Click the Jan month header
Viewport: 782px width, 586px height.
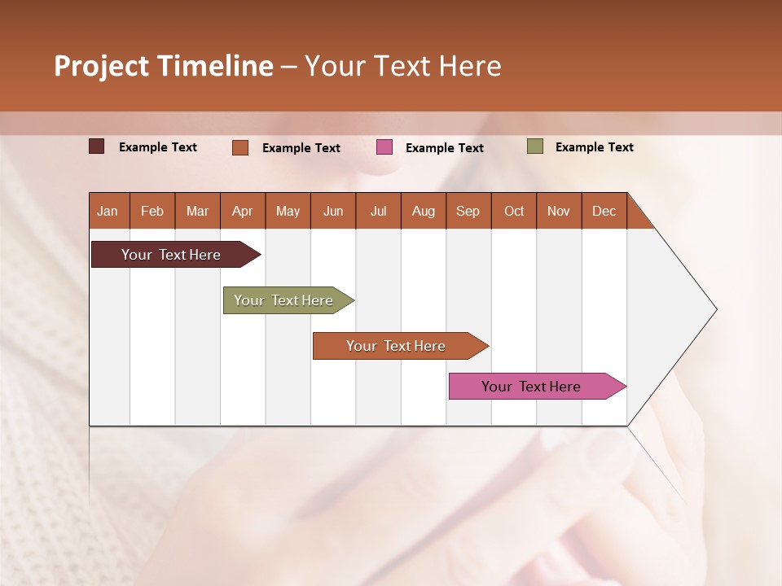click(108, 211)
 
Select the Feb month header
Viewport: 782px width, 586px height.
click(152, 211)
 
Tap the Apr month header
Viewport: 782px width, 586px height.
click(243, 211)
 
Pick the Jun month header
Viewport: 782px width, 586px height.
click(333, 211)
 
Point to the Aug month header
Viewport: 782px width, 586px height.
click(424, 211)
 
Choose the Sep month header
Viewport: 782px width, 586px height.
click(468, 211)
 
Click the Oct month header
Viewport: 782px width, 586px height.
click(514, 211)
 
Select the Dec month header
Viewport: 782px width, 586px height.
click(604, 211)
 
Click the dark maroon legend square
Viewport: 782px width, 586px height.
click(97, 146)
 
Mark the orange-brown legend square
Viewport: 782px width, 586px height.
click(240, 147)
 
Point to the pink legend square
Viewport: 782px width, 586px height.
click(384, 147)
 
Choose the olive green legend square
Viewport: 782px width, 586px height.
click(535, 146)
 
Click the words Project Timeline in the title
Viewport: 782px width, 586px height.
click(164, 66)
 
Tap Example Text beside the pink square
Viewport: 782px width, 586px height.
click(445, 148)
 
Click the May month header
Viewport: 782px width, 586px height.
click(288, 211)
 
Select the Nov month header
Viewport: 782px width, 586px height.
click(559, 211)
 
